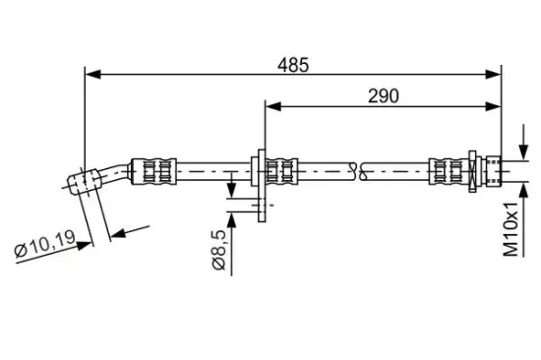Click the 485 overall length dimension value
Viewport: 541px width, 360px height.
tap(293, 64)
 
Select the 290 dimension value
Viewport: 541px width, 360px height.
tap(384, 94)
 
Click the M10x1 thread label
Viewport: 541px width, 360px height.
tap(511, 229)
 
